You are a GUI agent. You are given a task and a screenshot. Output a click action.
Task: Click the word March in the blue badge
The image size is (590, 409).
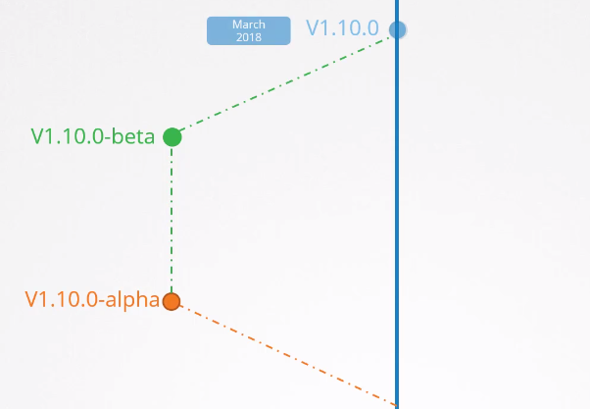coord(248,25)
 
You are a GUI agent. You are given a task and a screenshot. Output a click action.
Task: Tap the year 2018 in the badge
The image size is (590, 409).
coord(248,37)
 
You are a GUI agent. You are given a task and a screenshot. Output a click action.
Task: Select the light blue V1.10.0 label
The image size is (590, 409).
coord(342,28)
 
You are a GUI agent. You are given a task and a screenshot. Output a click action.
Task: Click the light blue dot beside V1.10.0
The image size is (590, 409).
coord(397,29)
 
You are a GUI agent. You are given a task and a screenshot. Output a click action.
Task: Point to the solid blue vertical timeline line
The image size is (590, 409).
coord(397,216)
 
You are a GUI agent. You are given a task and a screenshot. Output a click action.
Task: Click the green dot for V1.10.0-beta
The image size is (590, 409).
coord(172,136)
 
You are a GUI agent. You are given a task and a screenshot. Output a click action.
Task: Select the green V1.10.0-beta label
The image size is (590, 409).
coord(93,137)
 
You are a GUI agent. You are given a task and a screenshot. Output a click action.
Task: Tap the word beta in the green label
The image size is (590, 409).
coord(133,137)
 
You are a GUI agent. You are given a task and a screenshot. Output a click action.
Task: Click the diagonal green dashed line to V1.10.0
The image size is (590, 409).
coord(284,83)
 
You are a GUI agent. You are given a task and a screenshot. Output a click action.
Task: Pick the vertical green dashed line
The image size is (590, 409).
coord(172,221)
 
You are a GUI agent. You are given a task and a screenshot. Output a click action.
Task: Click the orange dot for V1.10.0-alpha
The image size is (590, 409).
coord(172,301)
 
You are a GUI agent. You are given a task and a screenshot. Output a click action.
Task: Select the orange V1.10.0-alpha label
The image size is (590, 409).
coord(91,300)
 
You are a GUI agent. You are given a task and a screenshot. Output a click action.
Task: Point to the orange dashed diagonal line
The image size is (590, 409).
coord(284,352)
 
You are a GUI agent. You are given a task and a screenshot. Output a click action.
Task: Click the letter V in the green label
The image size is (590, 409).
coord(37,137)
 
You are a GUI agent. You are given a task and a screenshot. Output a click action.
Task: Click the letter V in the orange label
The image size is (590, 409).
coord(31,300)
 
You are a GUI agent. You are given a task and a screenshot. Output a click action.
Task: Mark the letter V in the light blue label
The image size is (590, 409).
coord(313,28)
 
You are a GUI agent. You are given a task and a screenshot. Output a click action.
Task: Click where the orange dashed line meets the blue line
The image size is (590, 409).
coord(396,403)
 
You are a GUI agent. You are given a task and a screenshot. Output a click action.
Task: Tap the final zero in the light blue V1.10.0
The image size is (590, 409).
coord(371,28)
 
